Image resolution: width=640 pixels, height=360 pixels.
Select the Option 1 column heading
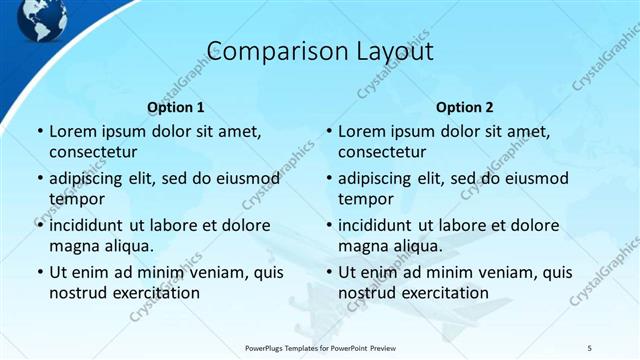176,107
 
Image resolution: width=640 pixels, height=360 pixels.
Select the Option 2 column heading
465,107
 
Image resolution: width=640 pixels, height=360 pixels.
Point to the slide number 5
590,347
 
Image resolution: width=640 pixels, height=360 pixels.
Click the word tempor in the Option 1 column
73,199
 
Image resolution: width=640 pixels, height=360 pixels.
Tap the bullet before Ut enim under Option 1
38,272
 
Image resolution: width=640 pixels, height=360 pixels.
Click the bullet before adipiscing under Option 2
327,178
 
